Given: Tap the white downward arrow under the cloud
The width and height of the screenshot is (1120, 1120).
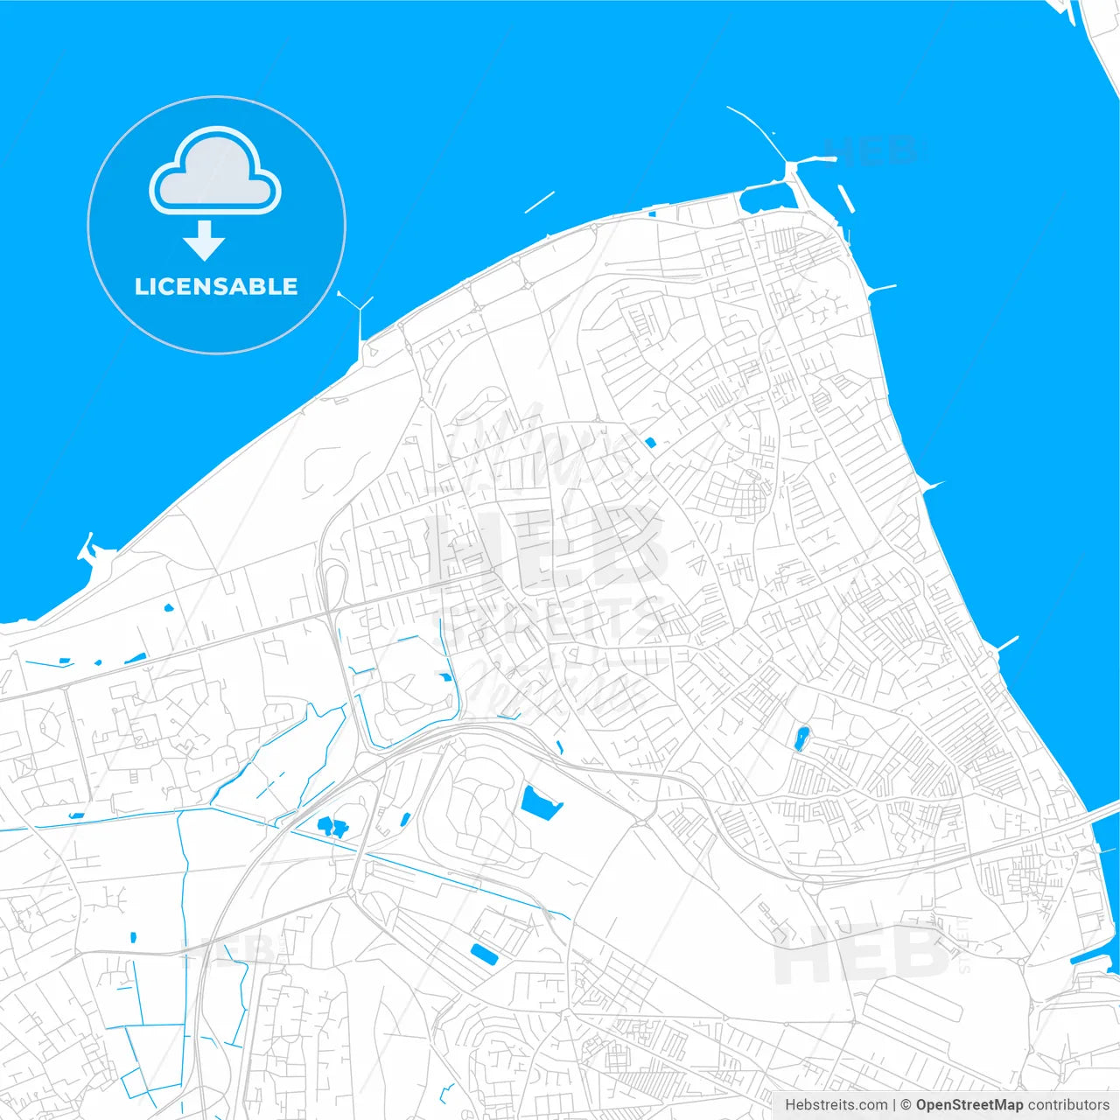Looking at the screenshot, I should coord(205,241).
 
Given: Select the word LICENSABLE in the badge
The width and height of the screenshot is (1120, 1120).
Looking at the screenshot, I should coord(216,286).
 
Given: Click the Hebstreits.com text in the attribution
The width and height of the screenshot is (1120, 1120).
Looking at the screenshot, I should coord(836,1105).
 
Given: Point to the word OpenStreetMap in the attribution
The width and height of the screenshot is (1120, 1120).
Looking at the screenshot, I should coord(969,1105).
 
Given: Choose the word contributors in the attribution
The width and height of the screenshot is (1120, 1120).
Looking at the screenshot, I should coord(1068,1105).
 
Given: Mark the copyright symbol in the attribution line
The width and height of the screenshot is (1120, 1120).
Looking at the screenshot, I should coord(906,1105).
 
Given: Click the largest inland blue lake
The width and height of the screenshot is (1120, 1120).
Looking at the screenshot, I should coord(539,802).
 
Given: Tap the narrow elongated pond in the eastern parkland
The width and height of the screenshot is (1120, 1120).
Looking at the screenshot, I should coord(801,738).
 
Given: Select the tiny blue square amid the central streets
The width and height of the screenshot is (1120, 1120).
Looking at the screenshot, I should coord(649,443).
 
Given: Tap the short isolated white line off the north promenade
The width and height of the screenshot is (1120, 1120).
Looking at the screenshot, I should coord(539,202).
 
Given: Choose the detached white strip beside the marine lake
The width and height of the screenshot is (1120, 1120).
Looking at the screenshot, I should coord(845,199).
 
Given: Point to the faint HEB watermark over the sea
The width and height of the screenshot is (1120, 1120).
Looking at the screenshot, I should coord(875,150).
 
